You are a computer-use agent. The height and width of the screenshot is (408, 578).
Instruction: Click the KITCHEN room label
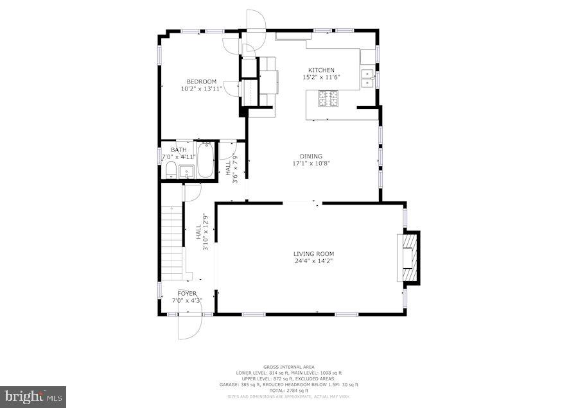pyautogui.click(x=321, y=70)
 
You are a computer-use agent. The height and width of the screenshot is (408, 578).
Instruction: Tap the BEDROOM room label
pyautogui.click(x=201, y=81)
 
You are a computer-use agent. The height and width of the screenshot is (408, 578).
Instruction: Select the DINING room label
pyautogui.click(x=311, y=156)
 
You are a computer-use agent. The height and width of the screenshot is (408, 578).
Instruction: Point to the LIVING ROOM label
pyautogui.click(x=314, y=254)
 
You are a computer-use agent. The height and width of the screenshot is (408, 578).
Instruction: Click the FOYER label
pyautogui.click(x=187, y=293)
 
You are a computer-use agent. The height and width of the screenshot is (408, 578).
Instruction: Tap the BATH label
pyautogui.click(x=170, y=150)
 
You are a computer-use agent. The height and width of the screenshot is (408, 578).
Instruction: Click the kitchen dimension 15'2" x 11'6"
pyautogui.click(x=321, y=77)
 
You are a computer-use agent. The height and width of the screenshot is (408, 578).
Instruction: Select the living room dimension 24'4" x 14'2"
pyautogui.click(x=314, y=261)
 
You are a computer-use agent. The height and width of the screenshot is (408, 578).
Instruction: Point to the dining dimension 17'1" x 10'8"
pyautogui.click(x=311, y=163)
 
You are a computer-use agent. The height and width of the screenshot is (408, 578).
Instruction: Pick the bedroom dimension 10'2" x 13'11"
pyautogui.click(x=201, y=89)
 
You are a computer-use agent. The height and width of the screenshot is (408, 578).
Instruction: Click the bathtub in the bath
pyautogui.click(x=206, y=161)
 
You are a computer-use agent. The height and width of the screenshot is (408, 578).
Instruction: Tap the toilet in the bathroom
pyautogui.click(x=171, y=170)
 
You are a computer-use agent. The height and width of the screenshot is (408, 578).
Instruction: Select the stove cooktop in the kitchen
pyautogui.click(x=329, y=98)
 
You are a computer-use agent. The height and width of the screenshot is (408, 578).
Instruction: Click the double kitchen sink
pyautogui.click(x=367, y=79)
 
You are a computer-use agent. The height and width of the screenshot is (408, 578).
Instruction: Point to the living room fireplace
pyautogui.click(x=409, y=257)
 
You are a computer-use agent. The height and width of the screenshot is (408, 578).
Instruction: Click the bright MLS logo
pyautogui.click(x=33, y=396)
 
